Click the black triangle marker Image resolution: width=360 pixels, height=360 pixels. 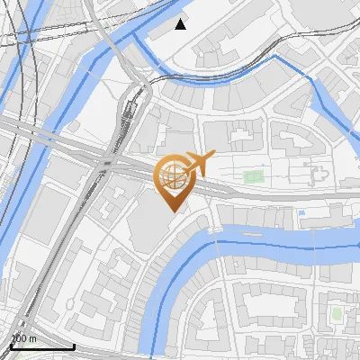coord(181,23)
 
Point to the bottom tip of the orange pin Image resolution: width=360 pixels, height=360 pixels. coord(171,210)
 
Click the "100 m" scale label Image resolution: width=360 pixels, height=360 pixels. coord(23,338)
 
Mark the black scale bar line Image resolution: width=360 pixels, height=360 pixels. coord(41,346)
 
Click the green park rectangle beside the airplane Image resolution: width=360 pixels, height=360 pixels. coord(253,175)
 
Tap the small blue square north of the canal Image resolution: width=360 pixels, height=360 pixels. coord(301,212)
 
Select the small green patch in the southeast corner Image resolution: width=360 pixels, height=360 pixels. coord(337,313)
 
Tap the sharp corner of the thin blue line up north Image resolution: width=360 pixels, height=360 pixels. coord(275,56)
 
